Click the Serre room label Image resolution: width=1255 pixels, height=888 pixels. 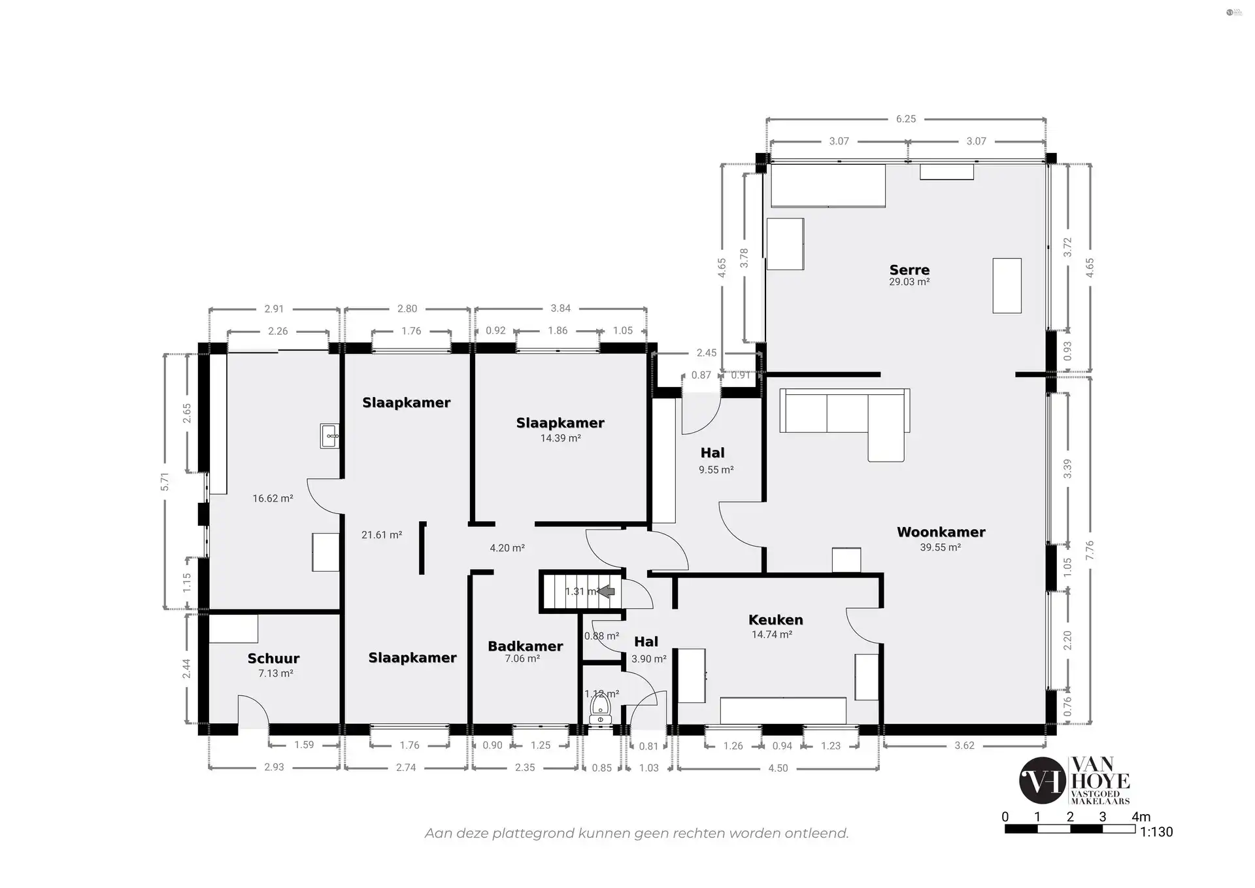909,269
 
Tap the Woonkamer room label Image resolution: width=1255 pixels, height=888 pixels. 941,532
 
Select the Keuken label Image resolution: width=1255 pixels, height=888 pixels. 775,619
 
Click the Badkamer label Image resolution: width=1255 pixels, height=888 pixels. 525,646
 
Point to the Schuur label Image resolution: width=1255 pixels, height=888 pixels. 273,658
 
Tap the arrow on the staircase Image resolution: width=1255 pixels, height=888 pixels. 607,591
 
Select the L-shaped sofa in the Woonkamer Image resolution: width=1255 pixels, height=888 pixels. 845,418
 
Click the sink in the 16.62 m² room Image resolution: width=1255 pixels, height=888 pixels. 329,435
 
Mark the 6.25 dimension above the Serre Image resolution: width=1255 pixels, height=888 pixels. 905,119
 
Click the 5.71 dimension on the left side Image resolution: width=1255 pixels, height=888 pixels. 165,481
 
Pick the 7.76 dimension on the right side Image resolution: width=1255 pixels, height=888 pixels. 1089,550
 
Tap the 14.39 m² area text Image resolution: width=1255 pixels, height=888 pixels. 560,438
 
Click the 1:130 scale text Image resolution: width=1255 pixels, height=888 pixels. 1156,832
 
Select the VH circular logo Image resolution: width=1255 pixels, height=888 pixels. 1042,780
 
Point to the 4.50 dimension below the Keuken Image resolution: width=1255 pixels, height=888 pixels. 778,768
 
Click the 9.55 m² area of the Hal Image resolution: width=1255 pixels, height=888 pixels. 716,470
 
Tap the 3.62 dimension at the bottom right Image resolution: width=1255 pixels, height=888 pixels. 964,745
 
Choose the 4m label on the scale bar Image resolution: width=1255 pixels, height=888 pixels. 1141,816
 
